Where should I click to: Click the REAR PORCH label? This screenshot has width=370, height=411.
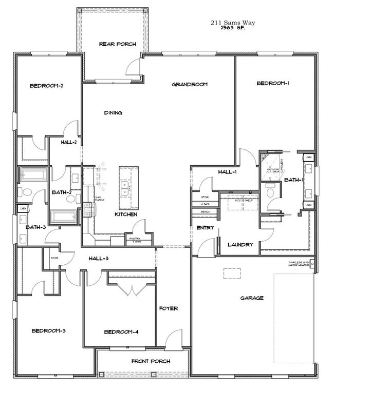click(x=118, y=44)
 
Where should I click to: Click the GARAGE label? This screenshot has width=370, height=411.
click(x=252, y=297)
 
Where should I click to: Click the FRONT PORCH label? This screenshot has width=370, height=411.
click(x=151, y=362)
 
